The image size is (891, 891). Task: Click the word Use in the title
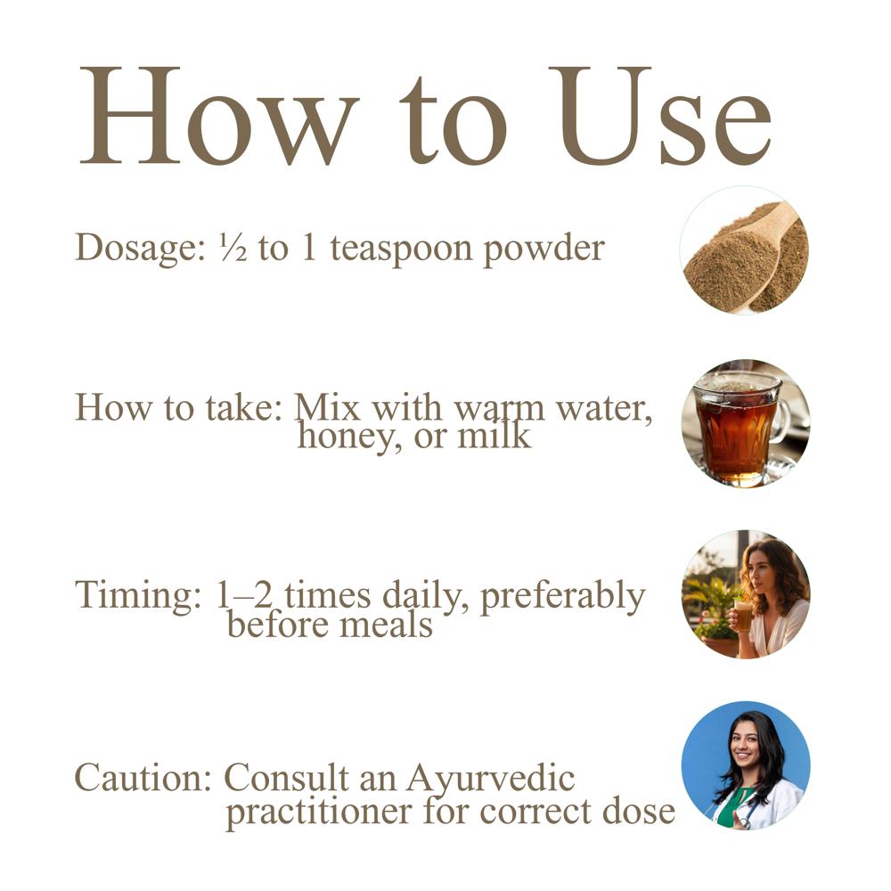click(660, 116)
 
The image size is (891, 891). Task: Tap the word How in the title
click(220, 116)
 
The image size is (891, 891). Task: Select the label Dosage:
click(141, 249)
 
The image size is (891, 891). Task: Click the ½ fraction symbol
click(233, 249)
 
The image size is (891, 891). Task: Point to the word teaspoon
click(401, 250)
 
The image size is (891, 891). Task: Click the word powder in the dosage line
click(544, 250)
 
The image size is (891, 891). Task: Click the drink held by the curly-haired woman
click(742, 616)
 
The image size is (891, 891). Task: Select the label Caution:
click(143, 777)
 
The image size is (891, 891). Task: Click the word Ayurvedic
click(490, 780)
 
